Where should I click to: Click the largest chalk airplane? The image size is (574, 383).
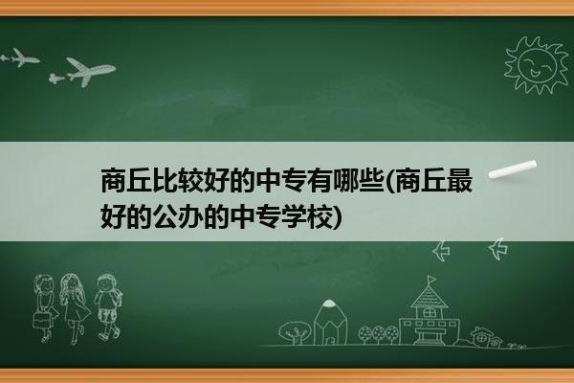[x=91, y=71]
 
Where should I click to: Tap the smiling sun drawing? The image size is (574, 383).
[x=536, y=65]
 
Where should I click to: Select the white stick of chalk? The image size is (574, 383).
[x=513, y=169]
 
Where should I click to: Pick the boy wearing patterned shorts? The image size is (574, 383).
[x=107, y=306]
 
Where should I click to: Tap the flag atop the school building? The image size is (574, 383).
[x=431, y=281]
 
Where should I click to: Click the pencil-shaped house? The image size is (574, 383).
[x=331, y=322]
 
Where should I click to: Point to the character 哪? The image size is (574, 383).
[x=345, y=180]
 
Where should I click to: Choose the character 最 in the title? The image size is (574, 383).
[x=459, y=180]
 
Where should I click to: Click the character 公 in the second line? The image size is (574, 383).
[x=166, y=217]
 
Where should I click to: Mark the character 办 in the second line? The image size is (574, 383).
[x=191, y=217]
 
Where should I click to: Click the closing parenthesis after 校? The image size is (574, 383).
[x=338, y=217]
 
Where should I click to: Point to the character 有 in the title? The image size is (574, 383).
[x=320, y=180]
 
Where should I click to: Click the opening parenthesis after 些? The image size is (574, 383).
[x=389, y=181]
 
